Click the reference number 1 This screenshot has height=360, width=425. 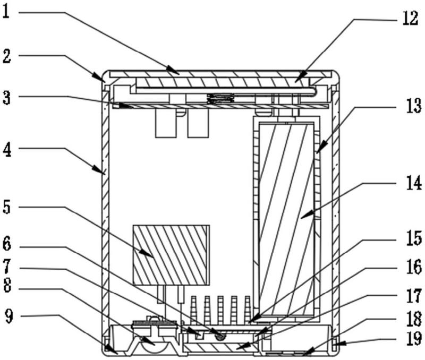pos(6,12)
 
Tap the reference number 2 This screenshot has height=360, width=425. pos(7,56)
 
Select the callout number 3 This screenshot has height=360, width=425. pos(6,98)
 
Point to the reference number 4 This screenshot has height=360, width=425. pos(7,150)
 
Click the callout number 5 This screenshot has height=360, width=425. pos(6,207)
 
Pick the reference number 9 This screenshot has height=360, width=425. pos(9,316)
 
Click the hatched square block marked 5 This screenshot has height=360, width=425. pos(171,255)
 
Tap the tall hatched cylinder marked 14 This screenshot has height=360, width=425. pos(286,219)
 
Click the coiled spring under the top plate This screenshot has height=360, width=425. pos(220,98)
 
